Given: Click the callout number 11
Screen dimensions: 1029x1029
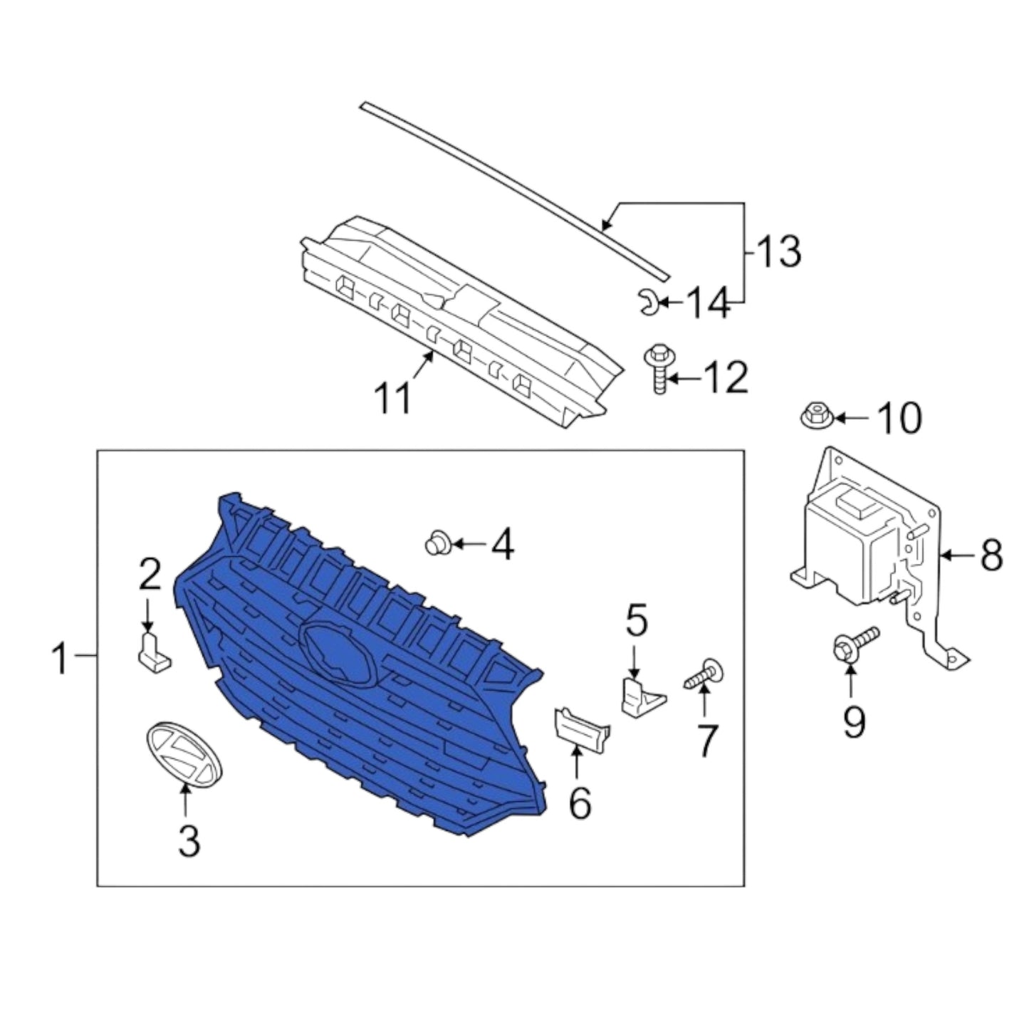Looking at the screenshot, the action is coord(393,398).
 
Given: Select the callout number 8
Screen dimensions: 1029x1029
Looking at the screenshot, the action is coord(992,556).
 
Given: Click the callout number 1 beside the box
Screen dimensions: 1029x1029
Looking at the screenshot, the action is coord(61,659).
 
